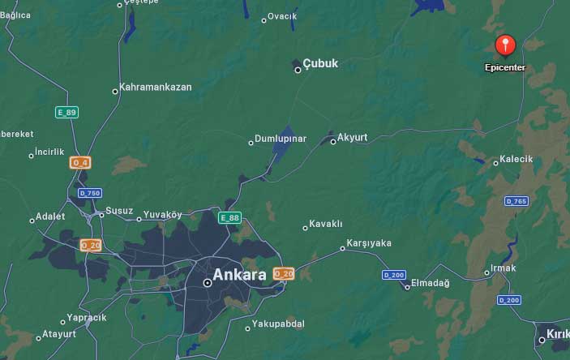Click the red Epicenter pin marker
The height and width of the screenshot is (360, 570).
505,45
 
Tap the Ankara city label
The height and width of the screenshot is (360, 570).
239,275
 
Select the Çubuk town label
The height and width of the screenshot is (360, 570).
320,63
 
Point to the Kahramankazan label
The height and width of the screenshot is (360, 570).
156,87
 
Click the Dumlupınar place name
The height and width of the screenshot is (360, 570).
281,139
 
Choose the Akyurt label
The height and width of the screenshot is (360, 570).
352,137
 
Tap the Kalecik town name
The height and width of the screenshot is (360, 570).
516,159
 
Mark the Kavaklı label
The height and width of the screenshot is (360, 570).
328,224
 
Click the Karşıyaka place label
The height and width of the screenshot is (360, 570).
369,243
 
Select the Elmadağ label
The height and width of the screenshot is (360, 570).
431,283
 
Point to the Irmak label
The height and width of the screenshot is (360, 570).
504,270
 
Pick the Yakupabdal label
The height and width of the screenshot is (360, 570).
278,324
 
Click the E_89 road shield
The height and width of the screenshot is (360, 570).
66,112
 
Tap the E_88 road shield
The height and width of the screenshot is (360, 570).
229,217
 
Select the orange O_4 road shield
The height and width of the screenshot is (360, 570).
80,162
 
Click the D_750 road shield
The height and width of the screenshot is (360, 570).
90,193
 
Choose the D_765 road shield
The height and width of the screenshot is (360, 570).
516,201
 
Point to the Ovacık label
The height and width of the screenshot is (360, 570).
282,16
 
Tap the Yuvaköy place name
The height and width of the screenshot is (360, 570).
162,215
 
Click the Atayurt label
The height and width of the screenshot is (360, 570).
59,333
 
